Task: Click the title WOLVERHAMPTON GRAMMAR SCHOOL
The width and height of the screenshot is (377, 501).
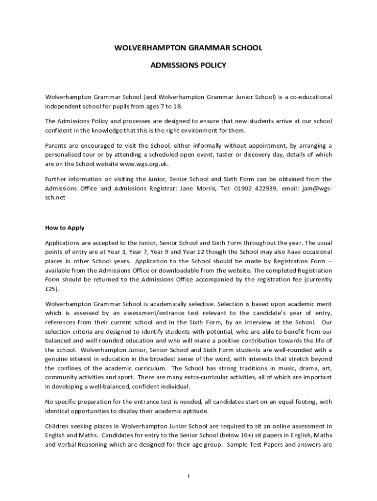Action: click(188, 48)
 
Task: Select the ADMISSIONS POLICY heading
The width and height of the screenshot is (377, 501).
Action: click(188, 65)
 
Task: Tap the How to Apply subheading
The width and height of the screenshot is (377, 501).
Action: click(65, 228)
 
